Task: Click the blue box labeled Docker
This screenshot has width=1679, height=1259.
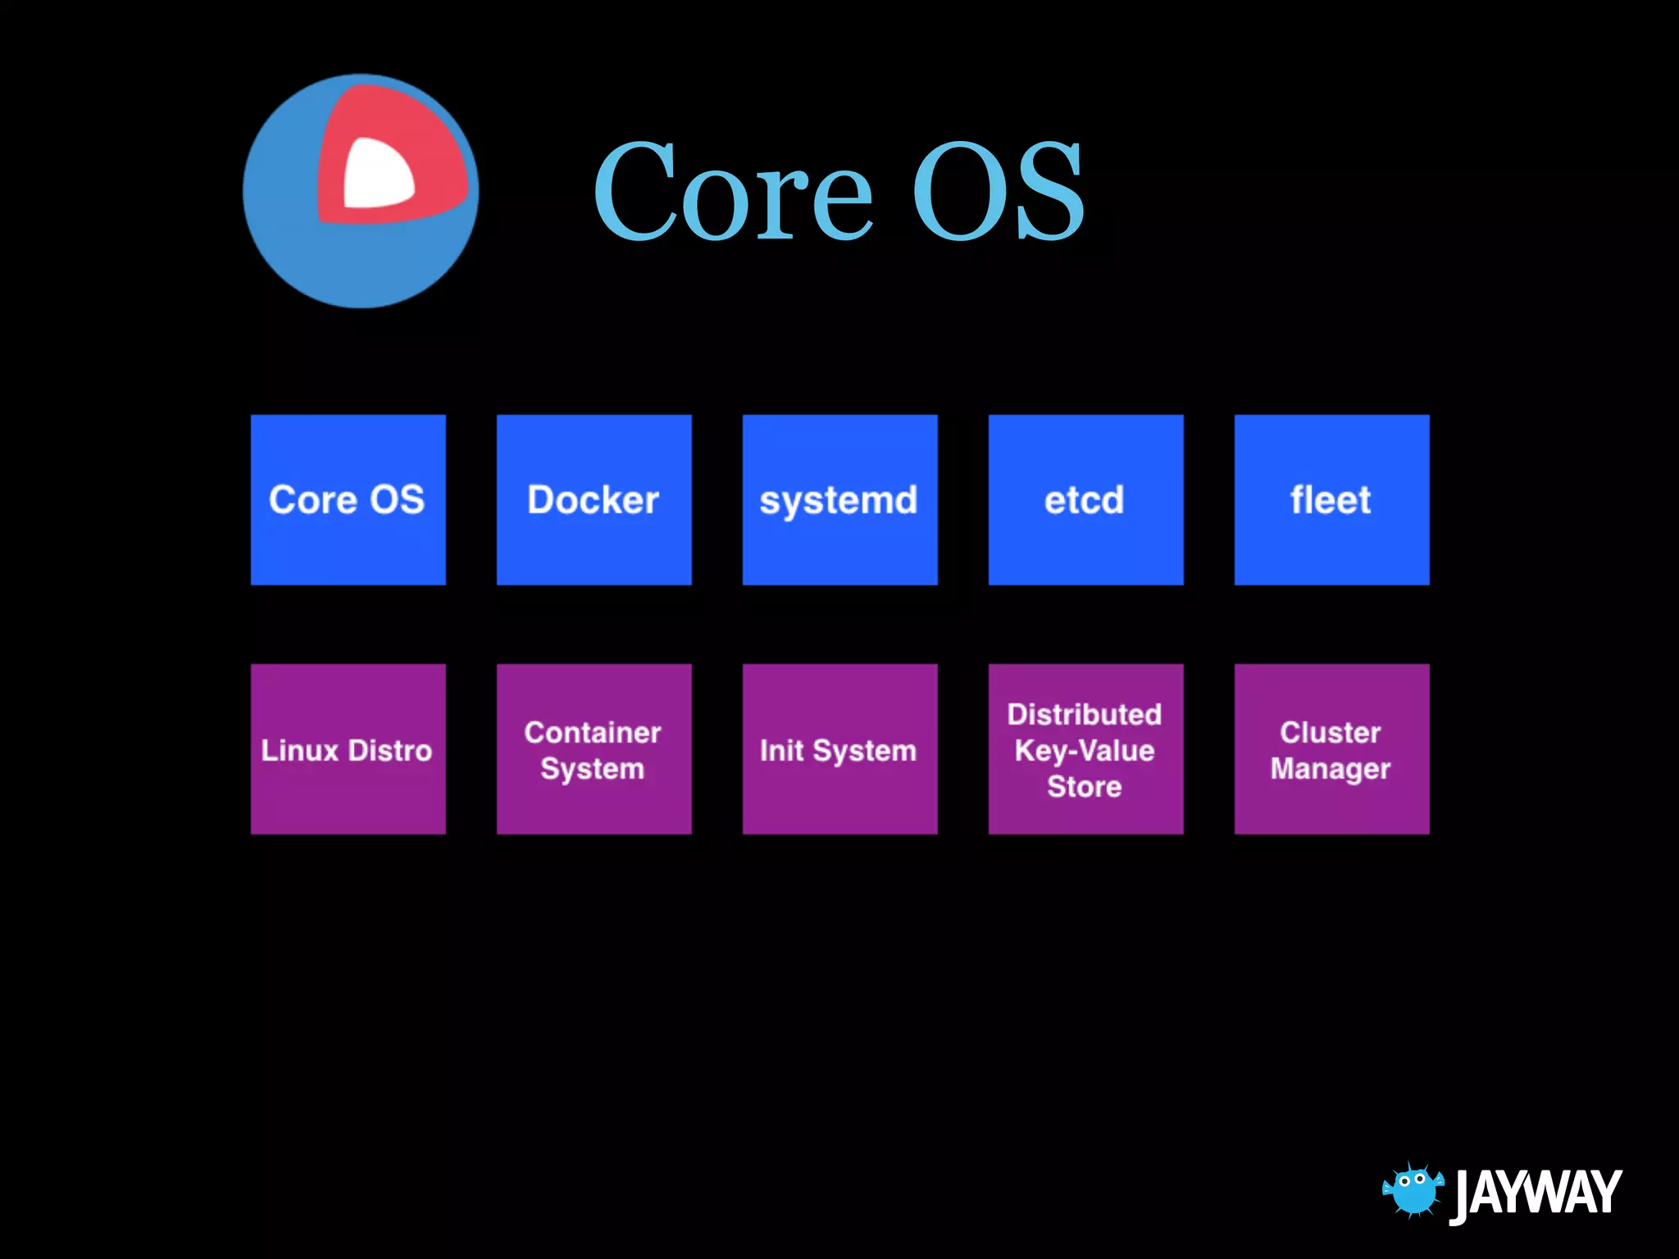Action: coord(594,500)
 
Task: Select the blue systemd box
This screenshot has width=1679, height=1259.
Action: coord(839,500)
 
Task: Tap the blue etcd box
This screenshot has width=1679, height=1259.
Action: coord(1085,500)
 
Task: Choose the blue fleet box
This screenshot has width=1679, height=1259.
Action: coord(1331,500)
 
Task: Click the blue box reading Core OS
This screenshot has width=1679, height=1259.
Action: coord(348,500)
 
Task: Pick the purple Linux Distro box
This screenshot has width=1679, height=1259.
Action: coord(348,749)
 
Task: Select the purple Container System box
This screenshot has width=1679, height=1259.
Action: coord(594,749)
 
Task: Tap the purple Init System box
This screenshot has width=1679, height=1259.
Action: coord(839,749)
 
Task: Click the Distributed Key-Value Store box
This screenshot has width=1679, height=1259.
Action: coord(1085,749)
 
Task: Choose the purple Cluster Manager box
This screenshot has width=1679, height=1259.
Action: coord(1331,749)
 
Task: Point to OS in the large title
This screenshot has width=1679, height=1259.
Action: coord(998,193)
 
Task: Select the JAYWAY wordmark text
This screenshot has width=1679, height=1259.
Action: coord(1536,1193)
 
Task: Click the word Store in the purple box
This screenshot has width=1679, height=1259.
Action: coord(1084,787)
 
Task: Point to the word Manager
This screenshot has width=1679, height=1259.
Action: coord(1330,769)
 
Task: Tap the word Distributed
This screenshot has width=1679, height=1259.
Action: coord(1084,715)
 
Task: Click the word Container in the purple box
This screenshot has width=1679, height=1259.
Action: coord(592,733)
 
